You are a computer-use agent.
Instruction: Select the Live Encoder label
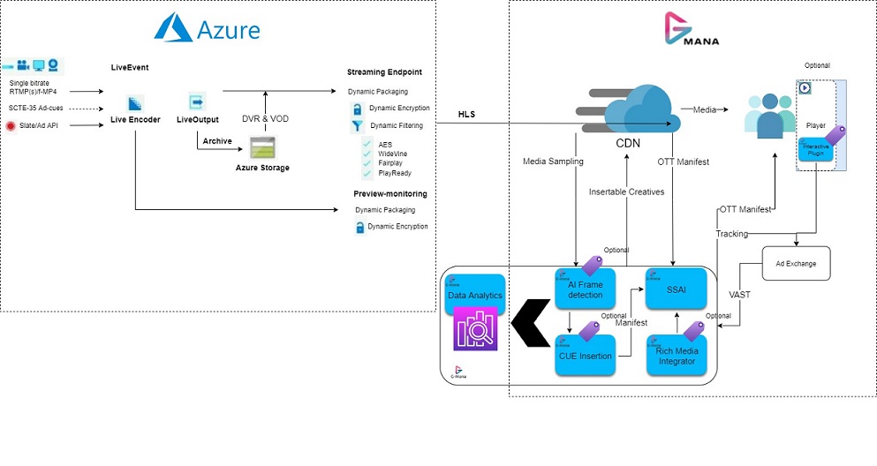(x=135, y=119)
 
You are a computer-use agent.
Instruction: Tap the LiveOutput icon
(x=196, y=101)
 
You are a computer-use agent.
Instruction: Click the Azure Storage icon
(x=263, y=147)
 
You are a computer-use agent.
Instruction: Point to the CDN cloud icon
(x=630, y=109)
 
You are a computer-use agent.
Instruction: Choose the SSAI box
(x=677, y=289)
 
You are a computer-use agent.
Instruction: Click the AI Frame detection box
(x=586, y=289)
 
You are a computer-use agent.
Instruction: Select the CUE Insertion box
(x=586, y=355)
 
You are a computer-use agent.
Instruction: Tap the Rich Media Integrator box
(x=677, y=356)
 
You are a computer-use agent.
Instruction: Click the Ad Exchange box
(x=796, y=263)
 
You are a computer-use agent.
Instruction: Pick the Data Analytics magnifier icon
(x=475, y=331)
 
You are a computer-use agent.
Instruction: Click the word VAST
(x=739, y=294)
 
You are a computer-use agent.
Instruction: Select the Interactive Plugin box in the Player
(x=816, y=149)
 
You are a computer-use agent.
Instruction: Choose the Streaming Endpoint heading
(x=384, y=71)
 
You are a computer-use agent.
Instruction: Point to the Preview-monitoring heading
(x=390, y=192)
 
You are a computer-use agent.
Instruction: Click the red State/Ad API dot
(x=11, y=126)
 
